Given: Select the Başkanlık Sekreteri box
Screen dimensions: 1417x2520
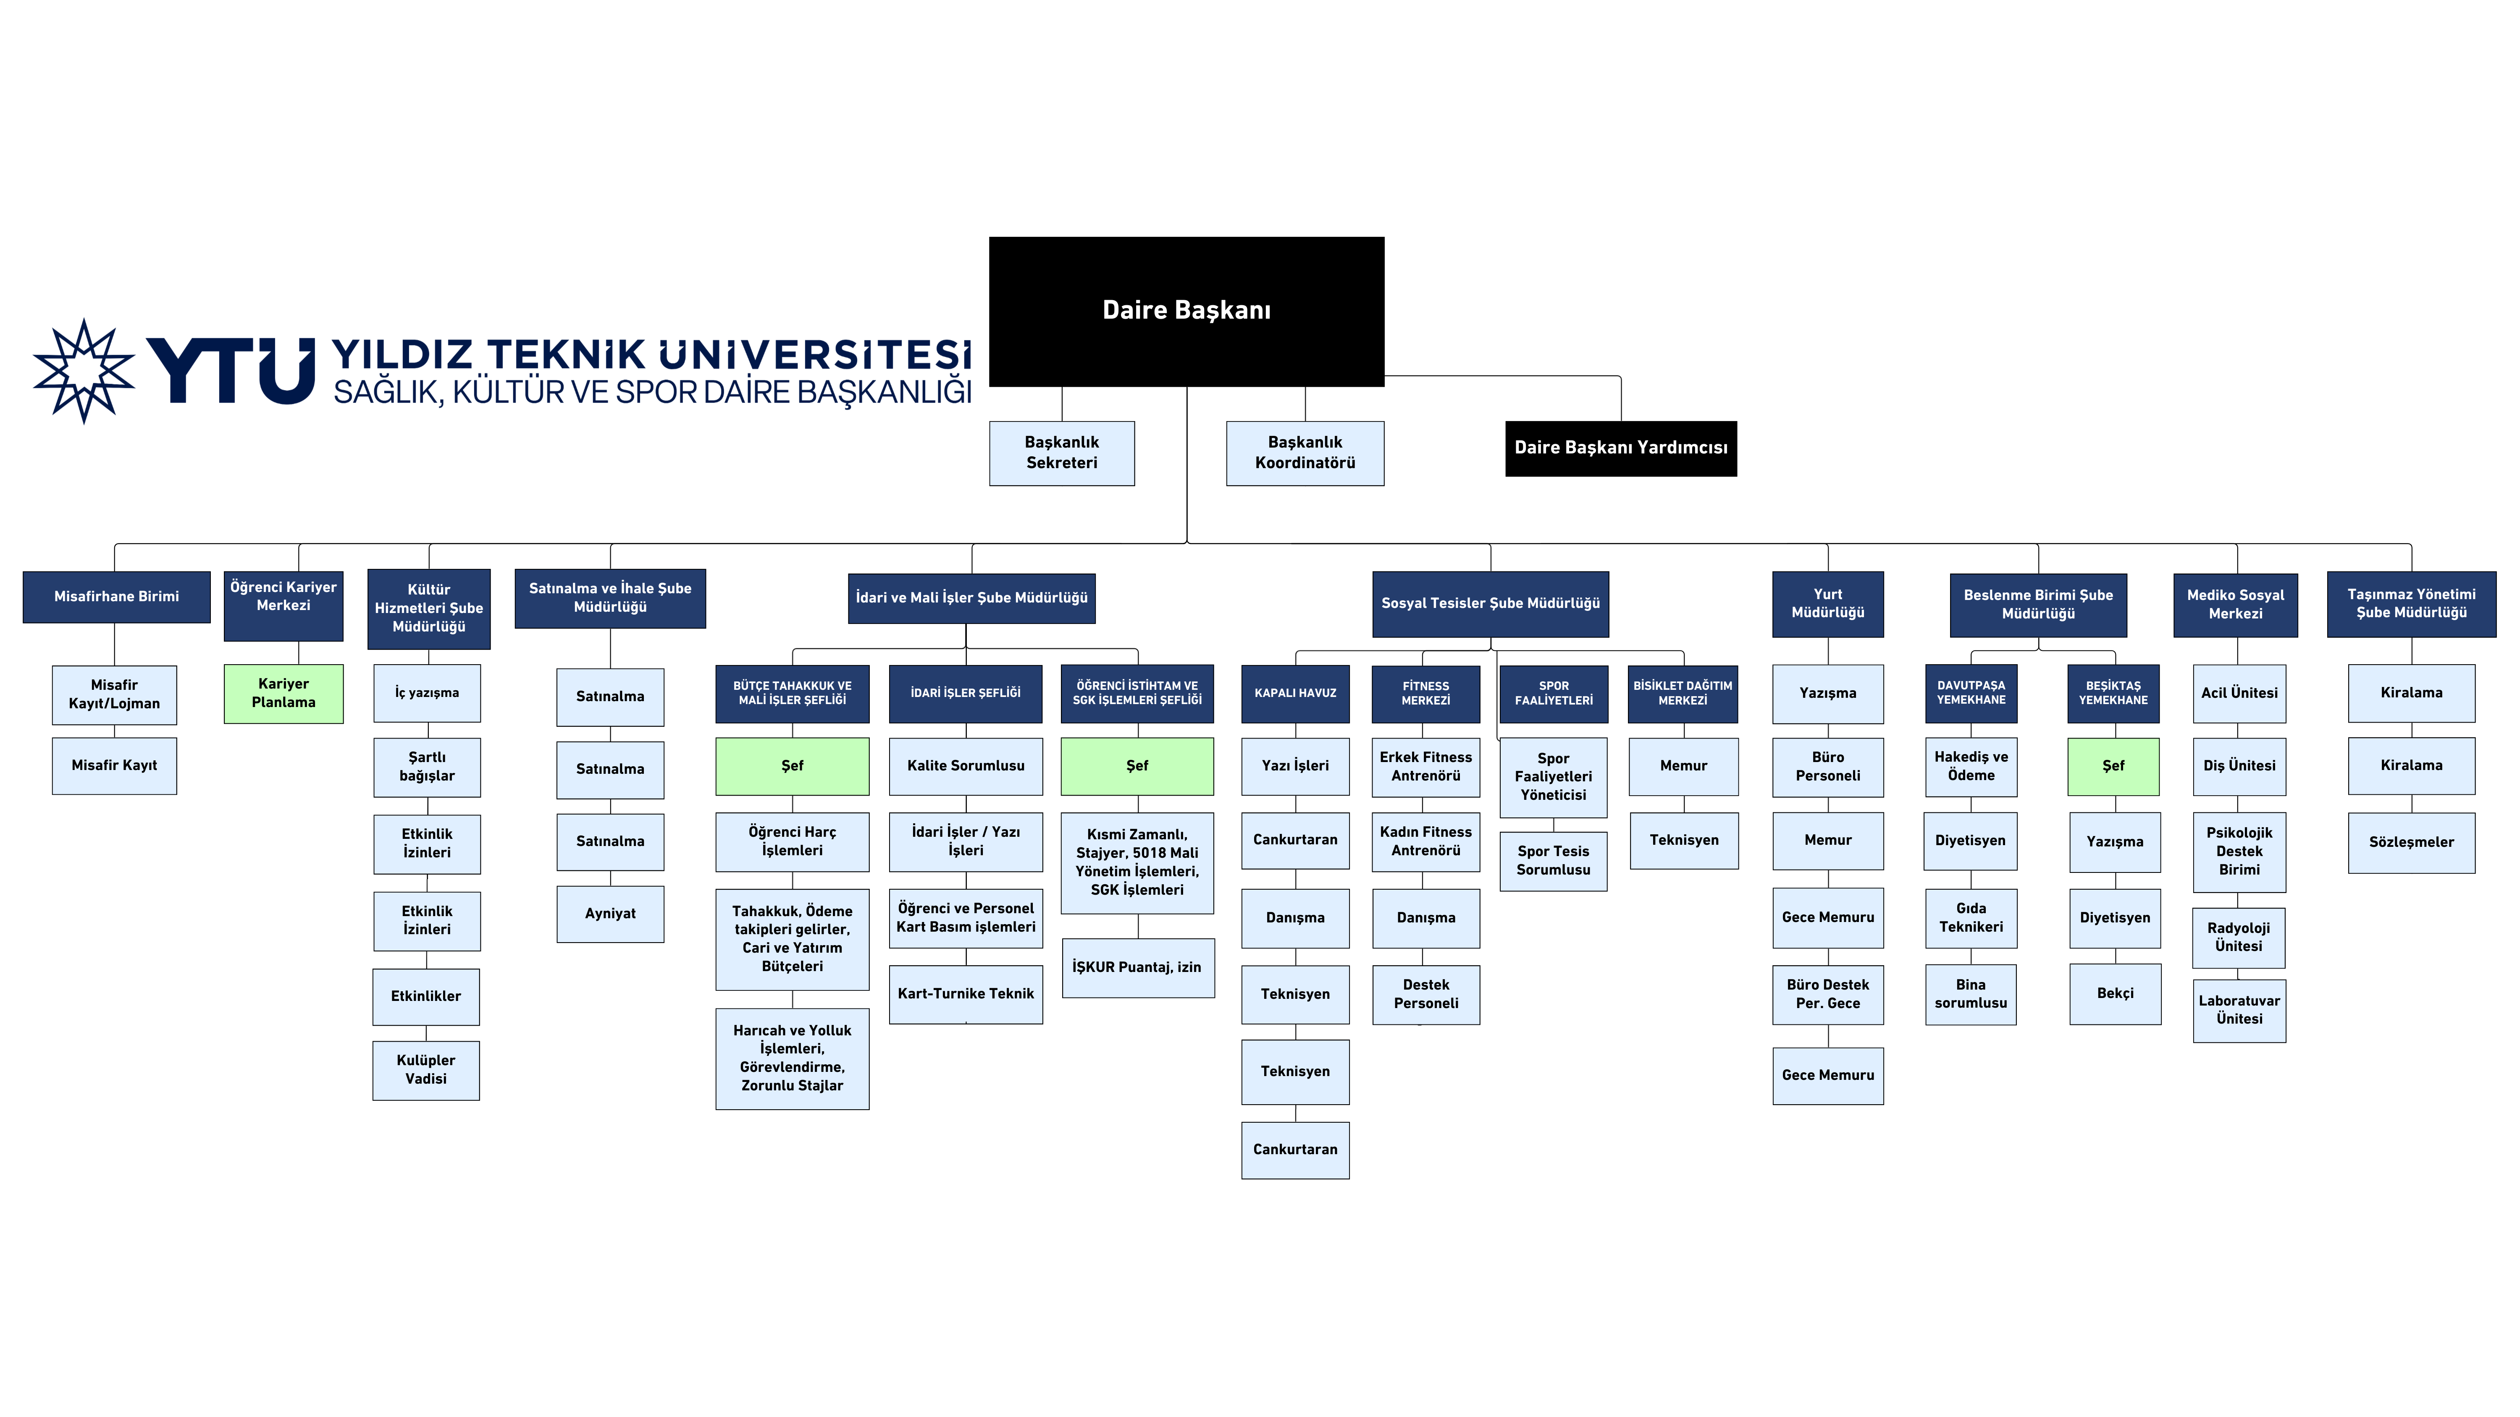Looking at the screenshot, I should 1061,453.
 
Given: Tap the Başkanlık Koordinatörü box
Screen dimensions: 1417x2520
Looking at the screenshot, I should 1305,453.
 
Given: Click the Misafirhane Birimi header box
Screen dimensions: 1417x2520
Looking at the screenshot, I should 116,597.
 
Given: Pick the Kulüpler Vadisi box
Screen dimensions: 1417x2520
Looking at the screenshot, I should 425,1070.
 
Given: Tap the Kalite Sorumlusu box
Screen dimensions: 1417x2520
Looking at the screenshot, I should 966,766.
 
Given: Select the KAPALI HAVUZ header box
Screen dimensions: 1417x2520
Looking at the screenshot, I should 1295,693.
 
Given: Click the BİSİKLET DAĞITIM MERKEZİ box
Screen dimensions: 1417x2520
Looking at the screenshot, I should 1683,693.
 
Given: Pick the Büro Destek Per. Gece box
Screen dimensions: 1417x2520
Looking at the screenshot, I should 1827,995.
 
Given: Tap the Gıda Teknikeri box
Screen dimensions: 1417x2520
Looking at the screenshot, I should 1970,917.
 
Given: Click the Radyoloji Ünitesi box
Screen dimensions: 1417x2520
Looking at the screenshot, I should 2238,937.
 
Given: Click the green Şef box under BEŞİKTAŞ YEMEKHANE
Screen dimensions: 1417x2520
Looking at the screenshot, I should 2113,766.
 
